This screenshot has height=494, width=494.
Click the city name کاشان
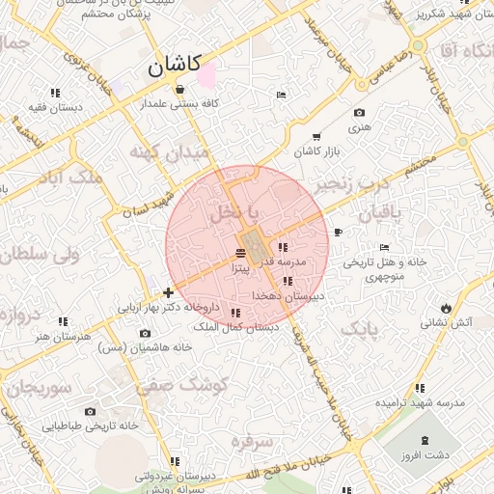(x=175, y=66)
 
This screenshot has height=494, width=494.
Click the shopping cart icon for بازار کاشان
(x=316, y=136)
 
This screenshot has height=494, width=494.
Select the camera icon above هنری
(x=360, y=112)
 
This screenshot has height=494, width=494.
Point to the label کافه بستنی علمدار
(x=180, y=102)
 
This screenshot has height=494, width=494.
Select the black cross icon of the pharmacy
(x=169, y=292)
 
